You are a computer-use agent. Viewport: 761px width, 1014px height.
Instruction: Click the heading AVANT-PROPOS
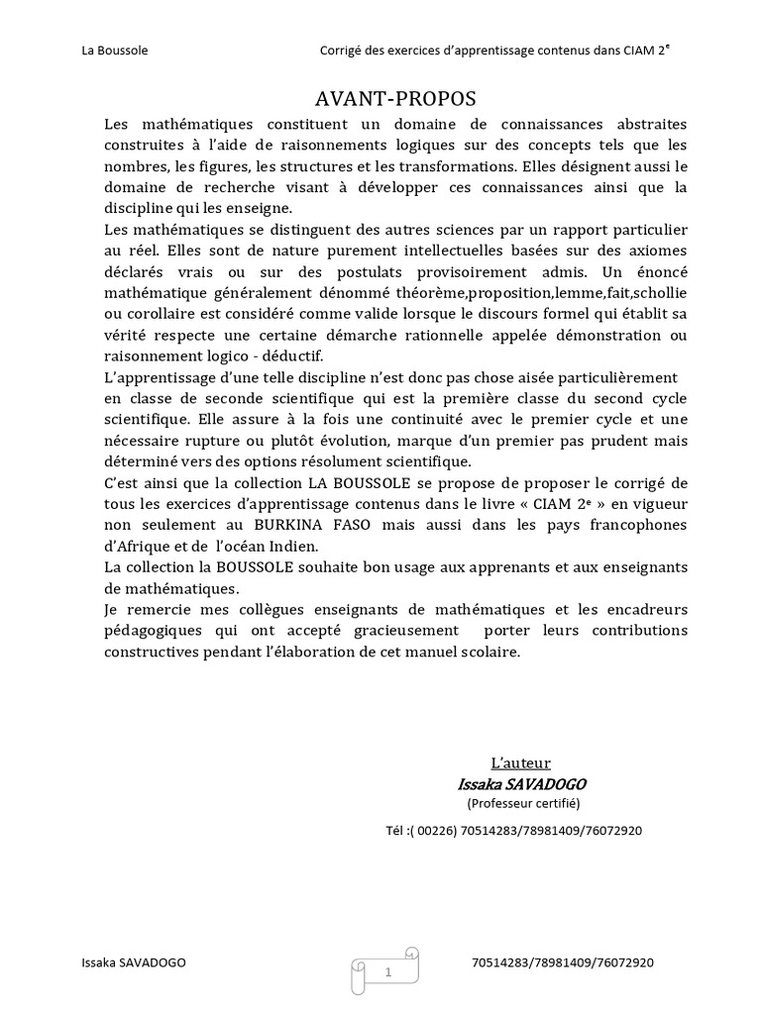coord(395,98)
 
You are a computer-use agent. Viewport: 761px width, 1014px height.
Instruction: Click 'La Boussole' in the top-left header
coord(114,51)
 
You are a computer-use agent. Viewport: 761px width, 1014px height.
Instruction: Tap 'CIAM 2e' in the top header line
coord(655,51)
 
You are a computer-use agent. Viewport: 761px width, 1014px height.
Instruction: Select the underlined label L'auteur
coord(521,762)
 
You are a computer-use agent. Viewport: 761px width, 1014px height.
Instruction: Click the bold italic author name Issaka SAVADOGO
coord(521,783)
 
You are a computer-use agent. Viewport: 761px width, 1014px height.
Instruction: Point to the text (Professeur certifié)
coord(523,803)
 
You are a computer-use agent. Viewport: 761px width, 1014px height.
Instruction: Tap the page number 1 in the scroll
coord(388,972)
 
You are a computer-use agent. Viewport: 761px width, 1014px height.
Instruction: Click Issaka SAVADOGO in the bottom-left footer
coord(133,963)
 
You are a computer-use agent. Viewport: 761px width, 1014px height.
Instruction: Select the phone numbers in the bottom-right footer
coord(563,963)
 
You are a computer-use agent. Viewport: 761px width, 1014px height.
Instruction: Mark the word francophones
coord(633,526)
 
